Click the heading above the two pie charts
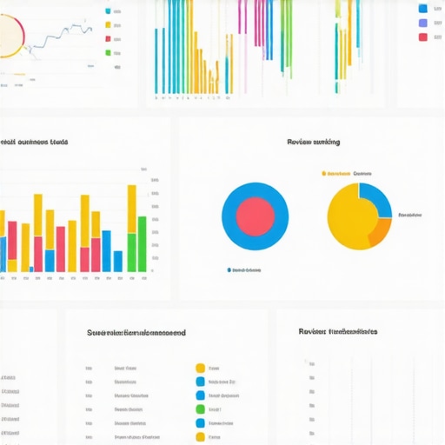[x=313, y=142]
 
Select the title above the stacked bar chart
[x=35, y=142]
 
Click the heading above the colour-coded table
[x=136, y=333]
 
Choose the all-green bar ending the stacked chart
[x=142, y=244]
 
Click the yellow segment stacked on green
[x=131, y=208]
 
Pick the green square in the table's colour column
[x=201, y=409]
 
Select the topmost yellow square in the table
[x=201, y=368]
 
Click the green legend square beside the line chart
[x=108, y=52]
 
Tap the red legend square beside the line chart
[x=108, y=39]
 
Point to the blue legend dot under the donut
[x=229, y=270]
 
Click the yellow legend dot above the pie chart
[x=323, y=173]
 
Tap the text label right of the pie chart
[x=409, y=215]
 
